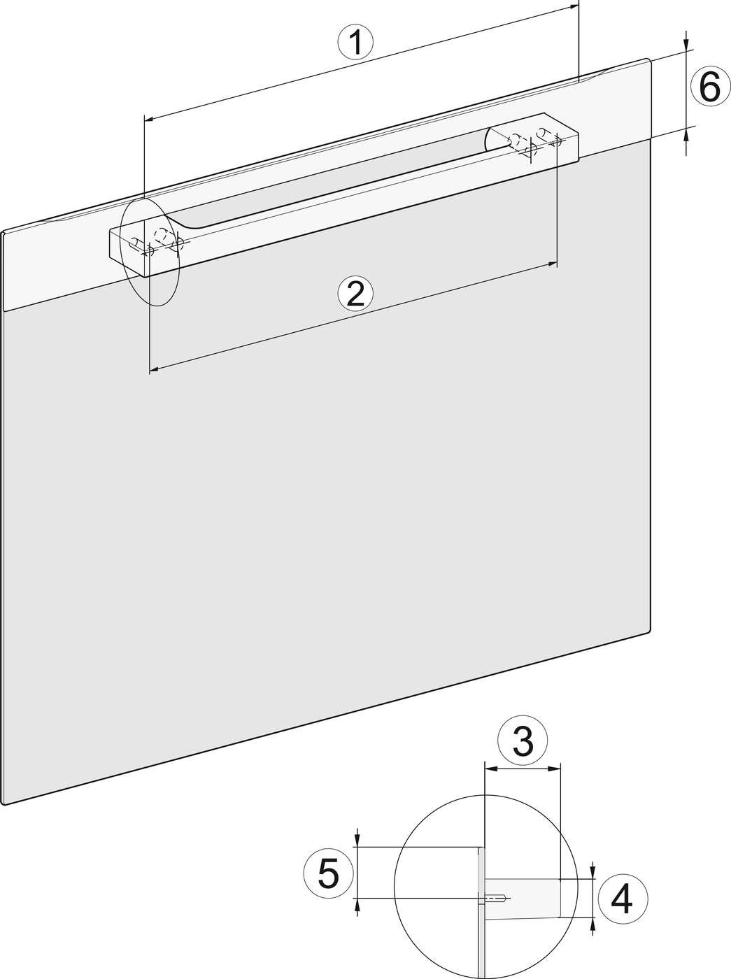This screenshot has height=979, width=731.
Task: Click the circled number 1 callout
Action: pos(355,43)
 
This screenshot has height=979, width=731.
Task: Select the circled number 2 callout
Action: pos(355,293)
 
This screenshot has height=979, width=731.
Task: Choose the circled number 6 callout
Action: pos(711,87)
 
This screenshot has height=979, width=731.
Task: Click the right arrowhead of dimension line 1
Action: pos(574,6)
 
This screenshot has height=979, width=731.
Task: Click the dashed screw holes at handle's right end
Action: pos(534,141)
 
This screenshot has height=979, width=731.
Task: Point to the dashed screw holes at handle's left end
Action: pos(157,242)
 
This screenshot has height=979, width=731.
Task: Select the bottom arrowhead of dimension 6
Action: pos(686,136)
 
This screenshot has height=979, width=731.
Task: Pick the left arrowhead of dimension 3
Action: pos(490,769)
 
